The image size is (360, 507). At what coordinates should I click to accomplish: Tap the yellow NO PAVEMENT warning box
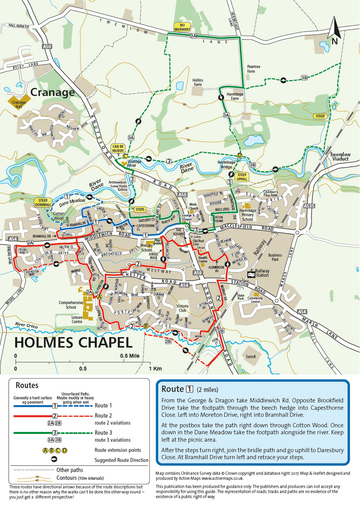(x=182, y=27)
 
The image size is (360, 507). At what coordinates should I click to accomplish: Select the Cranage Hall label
(x=19, y=104)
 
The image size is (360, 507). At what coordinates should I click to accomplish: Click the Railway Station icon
(x=251, y=274)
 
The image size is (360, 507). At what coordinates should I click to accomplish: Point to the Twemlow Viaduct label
(x=340, y=157)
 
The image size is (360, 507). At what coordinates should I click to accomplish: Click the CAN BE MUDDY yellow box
(x=118, y=148)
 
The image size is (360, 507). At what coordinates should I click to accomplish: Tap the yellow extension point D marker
(x=240, y=156)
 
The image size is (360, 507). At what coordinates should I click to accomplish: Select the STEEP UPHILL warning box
(x=242, y=177)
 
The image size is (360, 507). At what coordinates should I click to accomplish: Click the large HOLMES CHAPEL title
(x=73, y=343)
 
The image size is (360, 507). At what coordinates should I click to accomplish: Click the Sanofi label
(x=250, y=357)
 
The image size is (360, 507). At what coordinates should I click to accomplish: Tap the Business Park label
(x=275, y=257)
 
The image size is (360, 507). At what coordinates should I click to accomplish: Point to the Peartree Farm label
(x=253, y=69)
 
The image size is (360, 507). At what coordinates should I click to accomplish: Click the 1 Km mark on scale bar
(x=155, y=369)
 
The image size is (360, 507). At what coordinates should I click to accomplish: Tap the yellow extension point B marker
(x=146, y=326)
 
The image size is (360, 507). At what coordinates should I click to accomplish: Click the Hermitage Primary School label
(x=247, y=215)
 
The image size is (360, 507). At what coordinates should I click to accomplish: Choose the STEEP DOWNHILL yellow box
(x=43, y=202)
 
